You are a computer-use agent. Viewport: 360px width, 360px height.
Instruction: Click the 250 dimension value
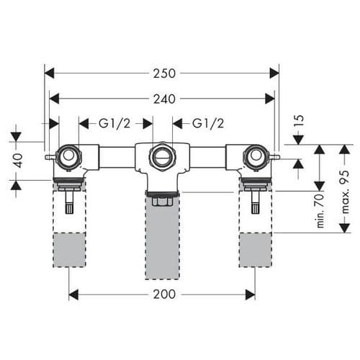tap(162, 73)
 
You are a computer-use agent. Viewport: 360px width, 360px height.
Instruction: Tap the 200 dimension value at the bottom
tap(162, 294)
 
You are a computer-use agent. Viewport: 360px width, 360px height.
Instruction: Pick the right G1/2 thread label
tap(209, 124)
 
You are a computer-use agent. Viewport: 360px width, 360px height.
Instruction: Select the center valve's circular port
tap(162, 155)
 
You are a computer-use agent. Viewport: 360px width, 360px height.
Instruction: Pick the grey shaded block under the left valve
tap(70, 249)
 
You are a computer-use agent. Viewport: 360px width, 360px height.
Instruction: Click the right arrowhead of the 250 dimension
tap(274, 73)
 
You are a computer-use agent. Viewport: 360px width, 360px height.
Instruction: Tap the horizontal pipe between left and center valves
tap(117, 156)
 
